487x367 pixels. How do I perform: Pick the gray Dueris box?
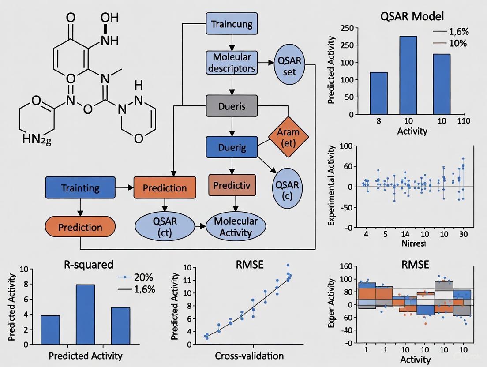(232, 106)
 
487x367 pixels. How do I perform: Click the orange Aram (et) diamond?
(288, 137)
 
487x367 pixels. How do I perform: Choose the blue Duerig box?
(232, 147)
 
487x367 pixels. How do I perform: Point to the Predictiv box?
(232, 185)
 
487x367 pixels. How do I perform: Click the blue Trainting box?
(80, 187)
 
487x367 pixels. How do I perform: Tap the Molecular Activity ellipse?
(236, 227)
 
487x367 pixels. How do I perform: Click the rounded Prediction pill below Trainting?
(80, 227)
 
